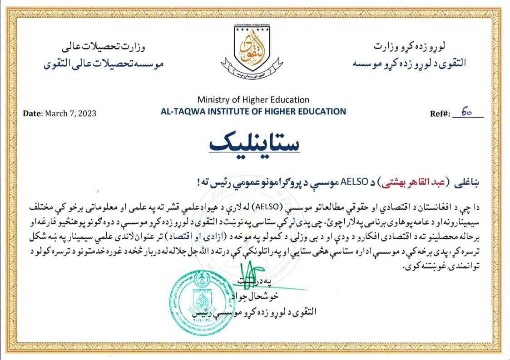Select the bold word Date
[x=32, y=113]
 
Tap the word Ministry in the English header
[x=212, y=100]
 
